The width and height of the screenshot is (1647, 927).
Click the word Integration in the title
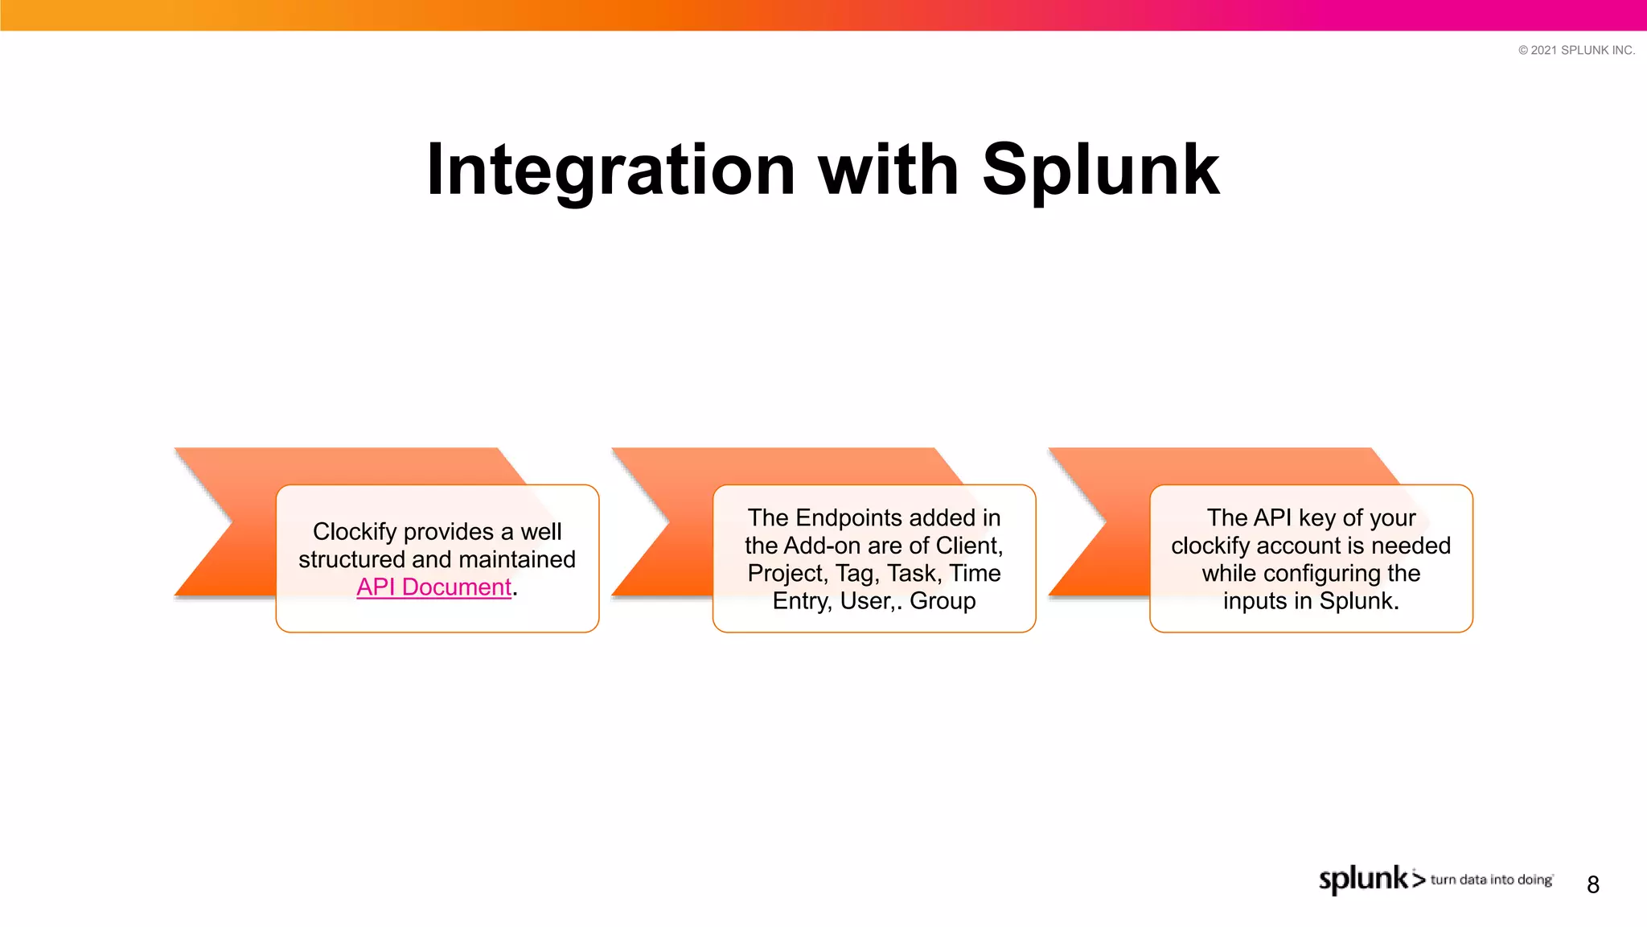point(610,171)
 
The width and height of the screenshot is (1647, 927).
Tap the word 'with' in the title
point(889,171)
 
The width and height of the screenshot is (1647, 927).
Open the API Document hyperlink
point(433,587)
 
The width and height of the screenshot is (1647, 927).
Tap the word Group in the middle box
point(943,601)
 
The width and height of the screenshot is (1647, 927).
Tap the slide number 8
point(1592,885)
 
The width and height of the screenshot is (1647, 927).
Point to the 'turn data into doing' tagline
point(1491,880)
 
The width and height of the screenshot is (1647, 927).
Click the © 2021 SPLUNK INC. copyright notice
point(1576,50)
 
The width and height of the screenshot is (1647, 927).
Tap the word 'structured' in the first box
point(351,559)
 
